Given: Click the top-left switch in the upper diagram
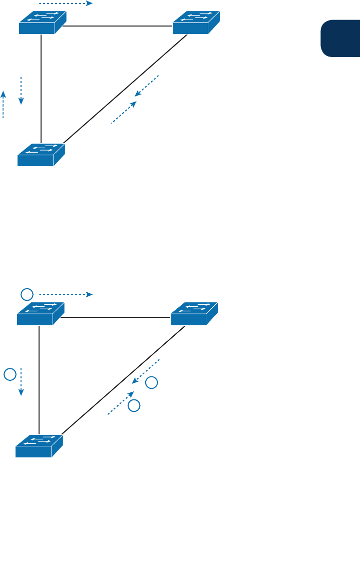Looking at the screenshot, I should click(x=43, y=23).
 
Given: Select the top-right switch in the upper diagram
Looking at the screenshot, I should click(x=196, y=23).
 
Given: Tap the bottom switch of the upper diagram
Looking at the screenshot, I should click(x=41, y=155).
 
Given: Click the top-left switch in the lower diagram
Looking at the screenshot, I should click(x=41, y=314).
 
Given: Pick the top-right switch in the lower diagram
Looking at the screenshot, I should click(x=194, y=314).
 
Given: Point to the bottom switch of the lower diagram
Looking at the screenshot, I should click(x=39, y=446).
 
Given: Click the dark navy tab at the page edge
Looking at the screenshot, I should click(x=340, y=39).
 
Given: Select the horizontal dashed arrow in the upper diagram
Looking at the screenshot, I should click(x=66, y=4).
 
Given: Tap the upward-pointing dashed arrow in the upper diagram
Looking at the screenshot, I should click(x=3, y=104).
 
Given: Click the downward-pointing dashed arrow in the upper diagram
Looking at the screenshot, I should click(x=21, y=91).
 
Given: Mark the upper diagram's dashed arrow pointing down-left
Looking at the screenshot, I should click(x=146, y=86).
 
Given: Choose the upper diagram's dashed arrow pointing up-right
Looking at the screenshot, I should click(x=124, y=112).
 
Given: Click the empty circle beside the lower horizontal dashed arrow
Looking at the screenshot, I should click(x=27, y=294).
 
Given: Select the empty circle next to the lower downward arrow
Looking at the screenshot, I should click(x=10, y=374).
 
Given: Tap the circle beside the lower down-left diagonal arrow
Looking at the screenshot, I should click(x=151, y=383).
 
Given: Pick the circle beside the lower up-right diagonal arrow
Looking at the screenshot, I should click(x=134, y=405).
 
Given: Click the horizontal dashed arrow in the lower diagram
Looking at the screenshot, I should click(x=66, y=295).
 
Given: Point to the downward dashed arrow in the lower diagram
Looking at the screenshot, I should click(x=21, y=382).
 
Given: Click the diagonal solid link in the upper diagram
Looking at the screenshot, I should click(x=125, y=89).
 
